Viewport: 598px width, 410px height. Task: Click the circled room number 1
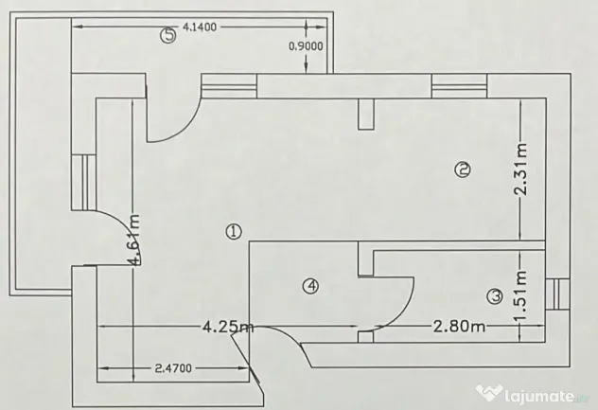coord(234,231)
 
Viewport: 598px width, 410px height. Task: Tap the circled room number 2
coord(463,169)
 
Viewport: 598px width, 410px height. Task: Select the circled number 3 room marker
coord(496,296)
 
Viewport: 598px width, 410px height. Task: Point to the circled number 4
coord(310,286)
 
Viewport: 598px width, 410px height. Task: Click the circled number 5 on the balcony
coord(168,36)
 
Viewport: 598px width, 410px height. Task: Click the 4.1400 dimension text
coord(200,27)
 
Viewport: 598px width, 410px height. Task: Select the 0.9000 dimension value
coord(306,46)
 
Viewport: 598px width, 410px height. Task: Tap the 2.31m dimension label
coord(520,169)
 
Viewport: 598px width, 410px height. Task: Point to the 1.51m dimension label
coord(520,295)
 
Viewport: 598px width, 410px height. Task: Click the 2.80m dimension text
coord(459,327)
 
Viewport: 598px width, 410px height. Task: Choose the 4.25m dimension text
coord(228,327)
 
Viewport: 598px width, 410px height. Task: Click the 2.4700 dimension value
coord(173,368)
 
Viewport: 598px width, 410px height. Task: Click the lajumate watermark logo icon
coord(488,392)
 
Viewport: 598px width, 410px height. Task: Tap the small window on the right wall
coord(557,294)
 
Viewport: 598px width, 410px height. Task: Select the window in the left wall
coord(83,182)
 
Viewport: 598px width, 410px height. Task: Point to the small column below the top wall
coord(366,115)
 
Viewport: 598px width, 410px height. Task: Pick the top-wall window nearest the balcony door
coord(229,86)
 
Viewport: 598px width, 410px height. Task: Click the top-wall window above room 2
coord(459,86)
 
